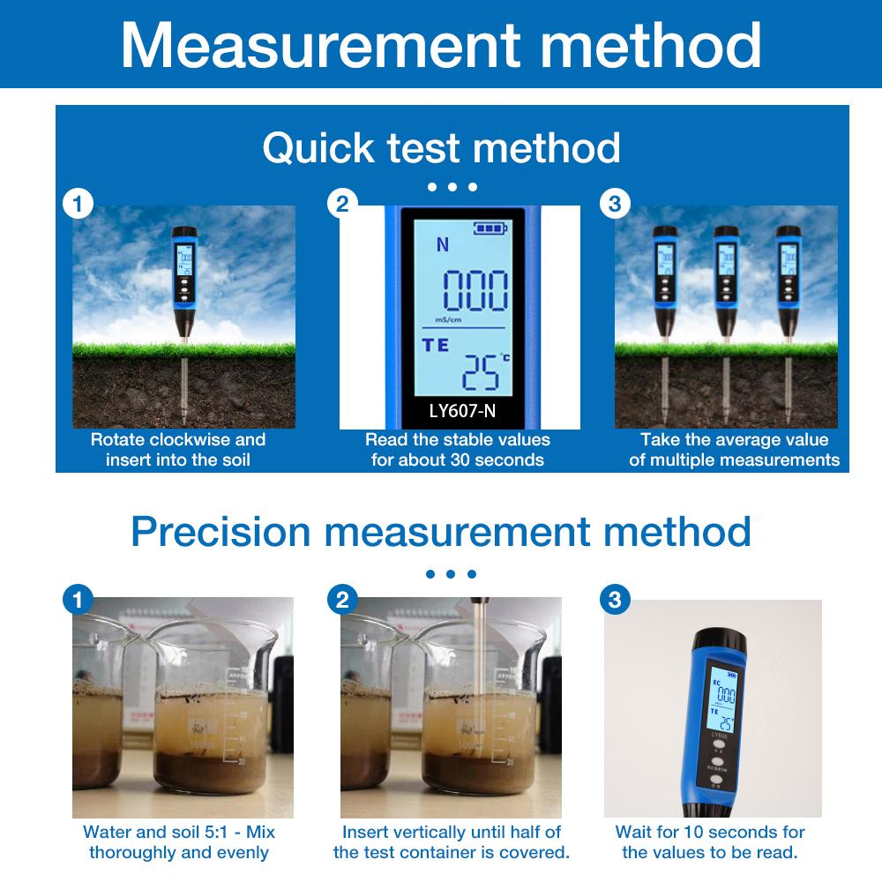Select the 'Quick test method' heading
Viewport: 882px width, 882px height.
click(441, 148)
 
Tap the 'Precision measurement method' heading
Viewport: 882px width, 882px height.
click(441, 532)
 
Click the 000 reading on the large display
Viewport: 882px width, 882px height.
click(475, 292)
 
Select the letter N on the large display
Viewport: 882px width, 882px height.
click(443, 245)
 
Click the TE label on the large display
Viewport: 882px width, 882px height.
click(436, 345)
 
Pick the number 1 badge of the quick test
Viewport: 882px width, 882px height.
click(78, 205)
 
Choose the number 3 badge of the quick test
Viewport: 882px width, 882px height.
click(615, 205)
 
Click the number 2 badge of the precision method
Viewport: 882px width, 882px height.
click(343, 600)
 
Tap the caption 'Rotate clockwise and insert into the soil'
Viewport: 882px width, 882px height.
click(178, 449)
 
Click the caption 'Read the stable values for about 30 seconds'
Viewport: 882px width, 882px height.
click(458, 449)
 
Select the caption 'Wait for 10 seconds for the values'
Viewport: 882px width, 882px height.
click(710, 841)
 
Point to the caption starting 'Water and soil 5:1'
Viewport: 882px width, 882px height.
click(179, 841)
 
